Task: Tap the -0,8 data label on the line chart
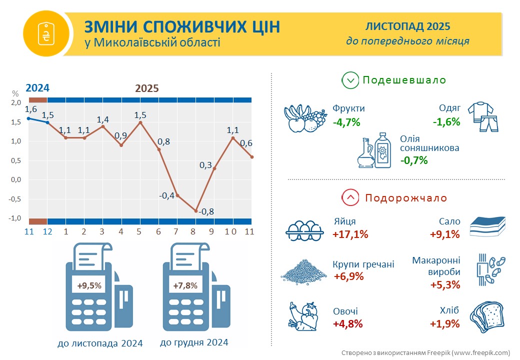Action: pos(206,211)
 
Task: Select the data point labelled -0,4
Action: pos(177,195)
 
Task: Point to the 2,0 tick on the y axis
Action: pos(15,103)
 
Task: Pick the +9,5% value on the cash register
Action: pos(89,286)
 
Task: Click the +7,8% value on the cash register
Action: pos(185,285)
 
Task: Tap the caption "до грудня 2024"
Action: pos(194,342)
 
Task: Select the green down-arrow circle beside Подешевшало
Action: pos(350,80)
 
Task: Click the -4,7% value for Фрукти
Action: pos(347,121)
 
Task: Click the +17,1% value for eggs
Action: pos(350,234)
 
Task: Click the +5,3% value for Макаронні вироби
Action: pos(444,285)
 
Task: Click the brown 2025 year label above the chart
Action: pos(147,88)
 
